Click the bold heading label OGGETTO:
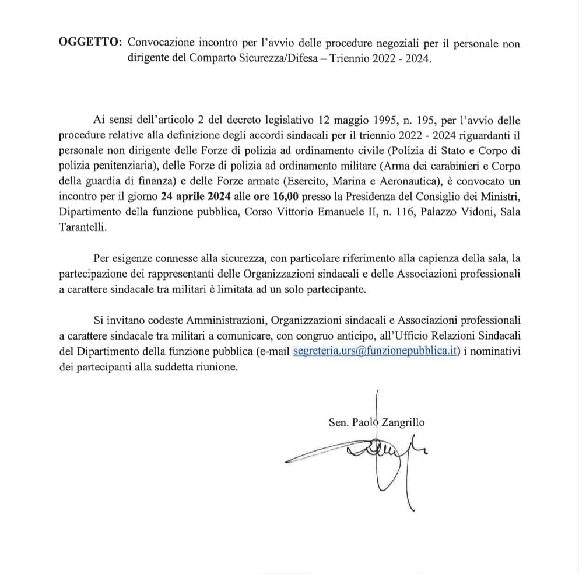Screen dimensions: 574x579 [90, 43]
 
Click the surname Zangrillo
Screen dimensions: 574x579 [403, 423]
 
